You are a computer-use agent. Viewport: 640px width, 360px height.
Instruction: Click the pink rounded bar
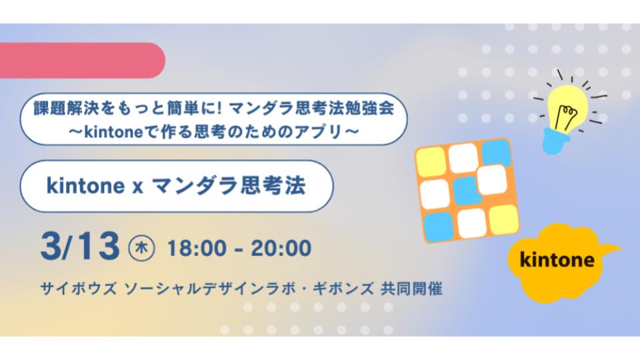pos(81,61)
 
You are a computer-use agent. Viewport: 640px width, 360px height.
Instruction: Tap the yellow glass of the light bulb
pos(567,107)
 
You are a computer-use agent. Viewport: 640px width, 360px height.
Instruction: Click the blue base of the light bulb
pos(555,141)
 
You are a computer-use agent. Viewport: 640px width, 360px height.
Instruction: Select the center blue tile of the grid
pos(467,191)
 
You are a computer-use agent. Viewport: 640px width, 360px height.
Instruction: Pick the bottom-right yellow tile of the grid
pos(505,219)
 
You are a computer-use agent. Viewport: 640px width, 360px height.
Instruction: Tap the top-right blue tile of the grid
pos(496,153)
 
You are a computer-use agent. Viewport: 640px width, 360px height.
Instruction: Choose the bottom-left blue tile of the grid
pos(439,227)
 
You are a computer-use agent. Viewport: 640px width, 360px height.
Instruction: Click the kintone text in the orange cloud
pos(557,259)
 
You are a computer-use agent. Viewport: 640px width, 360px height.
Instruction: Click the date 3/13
pos(80,247)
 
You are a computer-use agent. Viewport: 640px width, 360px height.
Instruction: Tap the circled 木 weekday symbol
pos(141,248)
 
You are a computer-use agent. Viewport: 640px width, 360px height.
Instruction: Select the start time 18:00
pos(197,248)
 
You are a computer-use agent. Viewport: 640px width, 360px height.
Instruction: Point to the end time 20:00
pos(281,248)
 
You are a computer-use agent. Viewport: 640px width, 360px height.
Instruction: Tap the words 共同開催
pos(411,289)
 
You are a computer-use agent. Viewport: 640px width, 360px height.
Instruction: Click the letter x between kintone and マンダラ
pos(137,187)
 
